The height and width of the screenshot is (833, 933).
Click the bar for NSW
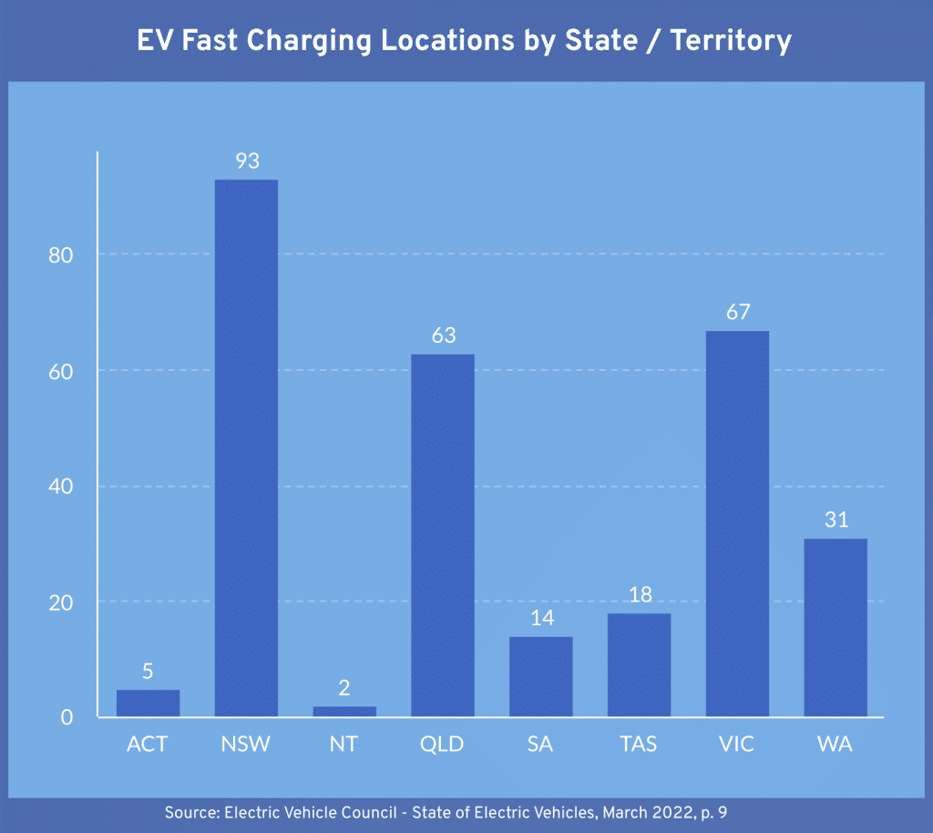coord(246,447)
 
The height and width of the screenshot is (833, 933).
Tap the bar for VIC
coord(737,523)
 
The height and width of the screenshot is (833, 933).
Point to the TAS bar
coord(639,664)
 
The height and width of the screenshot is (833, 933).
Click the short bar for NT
coord(344,711)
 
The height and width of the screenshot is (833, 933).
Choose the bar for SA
coord(541,676)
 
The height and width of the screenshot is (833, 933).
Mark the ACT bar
coord(148,703)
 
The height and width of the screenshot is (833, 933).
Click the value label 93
coord(247,161)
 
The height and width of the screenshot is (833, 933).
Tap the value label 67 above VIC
coord(737,313)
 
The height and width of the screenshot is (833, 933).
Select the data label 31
coord(836,520)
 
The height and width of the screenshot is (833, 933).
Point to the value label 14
coord(541,618)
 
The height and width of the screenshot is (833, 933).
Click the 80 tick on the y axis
coord(61,255)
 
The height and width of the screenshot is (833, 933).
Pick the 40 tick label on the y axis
coord(61,487)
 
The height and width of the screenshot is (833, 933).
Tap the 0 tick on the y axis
coord(67,718)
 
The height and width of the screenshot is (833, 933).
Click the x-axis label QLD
coord(443,745)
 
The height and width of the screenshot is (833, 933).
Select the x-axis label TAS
coord(639,745)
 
